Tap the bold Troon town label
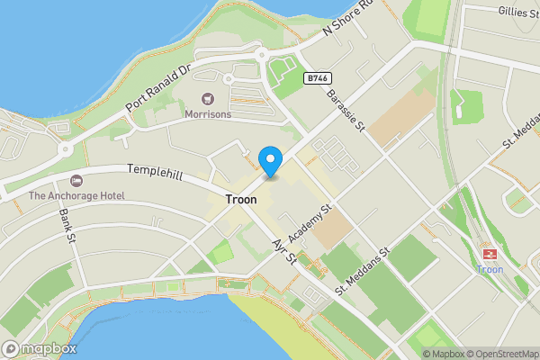coord(240,199)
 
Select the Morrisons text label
coord(208,114)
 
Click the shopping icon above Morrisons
coord(208,98)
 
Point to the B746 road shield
coord(315,78)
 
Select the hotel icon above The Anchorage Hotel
coord(76,181)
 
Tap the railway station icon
coord(490,254)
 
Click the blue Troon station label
coord(490,269)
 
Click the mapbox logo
coord(39,348)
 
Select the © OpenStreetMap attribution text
coord(502,354)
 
